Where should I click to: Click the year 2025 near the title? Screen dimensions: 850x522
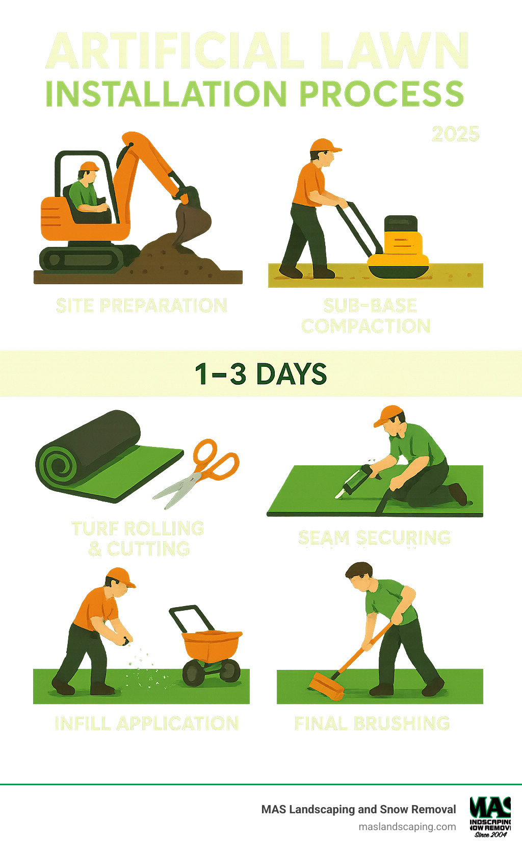tap(455, 134)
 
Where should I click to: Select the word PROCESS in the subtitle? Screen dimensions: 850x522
tap(381, 94)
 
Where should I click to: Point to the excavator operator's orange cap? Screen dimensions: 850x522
tap(89, 166)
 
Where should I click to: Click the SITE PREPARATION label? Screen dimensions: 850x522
tap(141, 306)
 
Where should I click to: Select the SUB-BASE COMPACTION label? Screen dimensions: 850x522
tap(366, 316)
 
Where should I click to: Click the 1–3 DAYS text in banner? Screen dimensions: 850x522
tap(260, 374)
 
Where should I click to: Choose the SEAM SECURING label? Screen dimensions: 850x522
tap(374, 537)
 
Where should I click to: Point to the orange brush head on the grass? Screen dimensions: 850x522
tap(326, 686)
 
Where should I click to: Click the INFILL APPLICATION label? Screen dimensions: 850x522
tap(146, 723)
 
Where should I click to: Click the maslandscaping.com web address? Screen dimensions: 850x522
tap(407, 827)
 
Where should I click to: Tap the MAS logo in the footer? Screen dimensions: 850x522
tap(490, 816)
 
